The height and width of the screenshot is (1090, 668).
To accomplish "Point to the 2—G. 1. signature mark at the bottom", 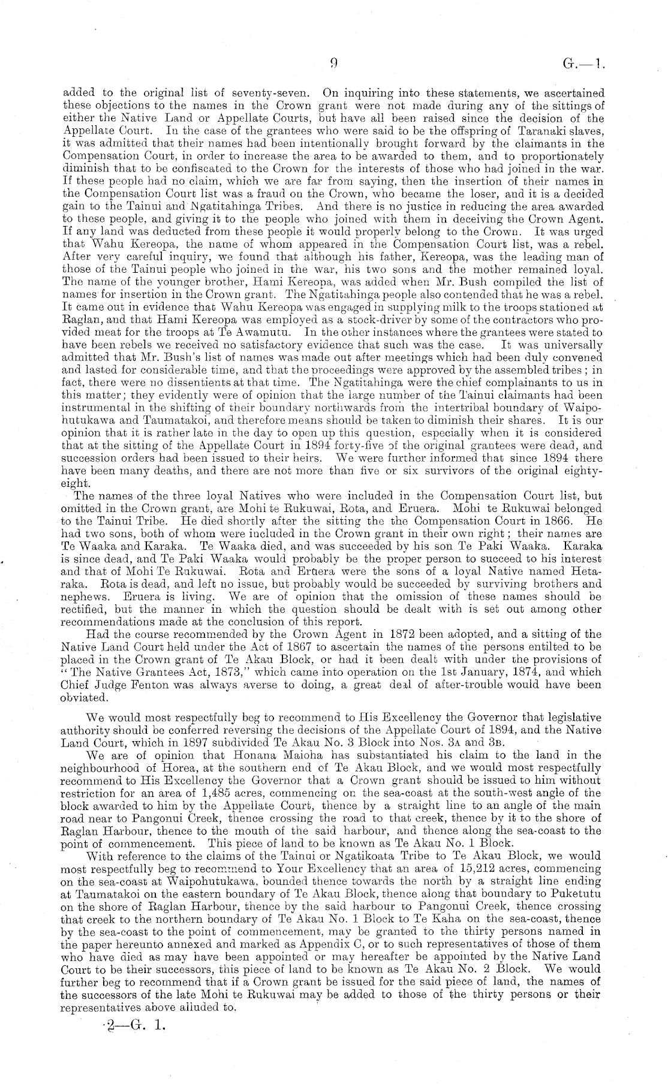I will click(x=133, y=1025).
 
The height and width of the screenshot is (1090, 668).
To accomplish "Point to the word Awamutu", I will click(x=269, y=332).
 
